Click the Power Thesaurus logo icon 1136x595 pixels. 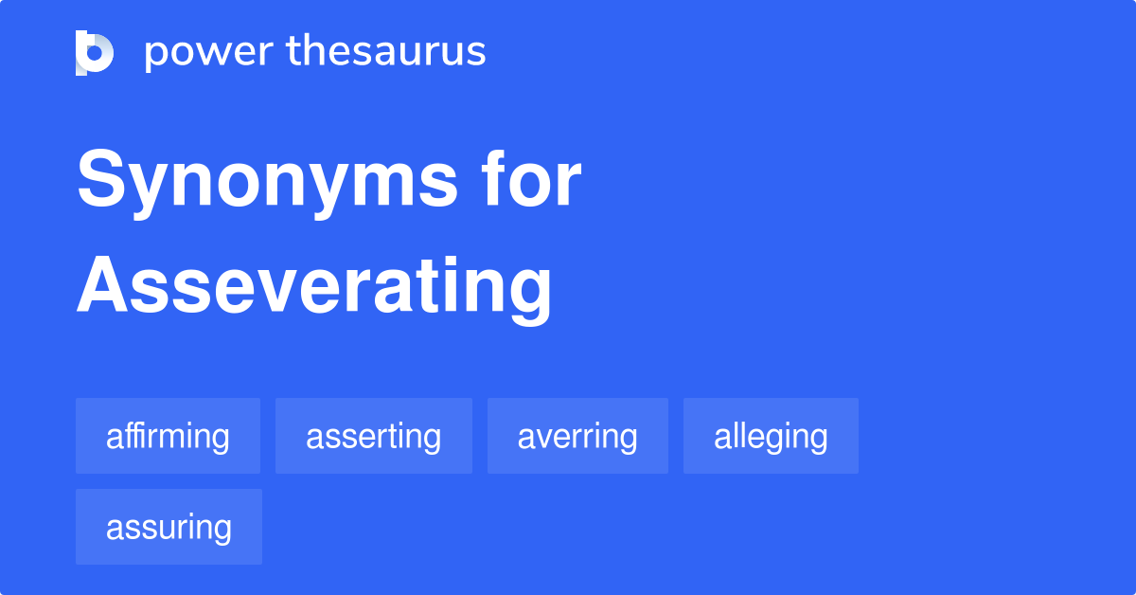point(95,52)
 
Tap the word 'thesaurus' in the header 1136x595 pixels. point(386,52)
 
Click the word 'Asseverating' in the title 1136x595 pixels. point(314,287)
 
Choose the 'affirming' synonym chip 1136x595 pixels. point(168,436)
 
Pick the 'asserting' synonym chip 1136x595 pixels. point(373,436)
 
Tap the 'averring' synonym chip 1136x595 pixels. point(577,436)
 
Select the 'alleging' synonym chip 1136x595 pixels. point(771,436)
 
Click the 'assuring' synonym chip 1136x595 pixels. point(169,527)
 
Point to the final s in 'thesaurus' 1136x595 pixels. point(476,53)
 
